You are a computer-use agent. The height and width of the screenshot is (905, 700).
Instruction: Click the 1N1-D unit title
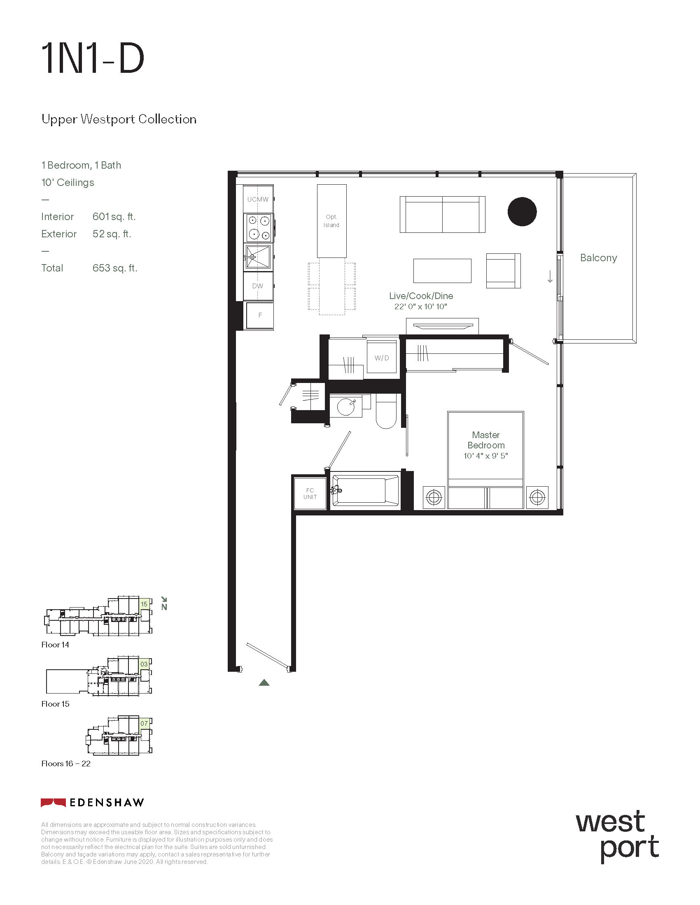93,59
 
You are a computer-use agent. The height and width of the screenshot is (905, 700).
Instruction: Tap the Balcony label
598,258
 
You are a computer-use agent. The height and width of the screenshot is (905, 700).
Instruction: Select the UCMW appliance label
258,200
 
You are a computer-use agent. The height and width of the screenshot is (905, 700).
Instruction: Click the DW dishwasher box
258,286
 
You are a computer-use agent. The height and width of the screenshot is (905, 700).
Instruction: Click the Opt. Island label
331,221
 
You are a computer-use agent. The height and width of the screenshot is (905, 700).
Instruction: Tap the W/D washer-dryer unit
382,357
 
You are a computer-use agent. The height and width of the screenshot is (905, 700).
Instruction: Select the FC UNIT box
310,494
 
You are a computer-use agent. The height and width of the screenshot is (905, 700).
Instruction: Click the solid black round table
522,211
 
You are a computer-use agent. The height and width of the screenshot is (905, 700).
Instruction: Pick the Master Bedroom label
486,440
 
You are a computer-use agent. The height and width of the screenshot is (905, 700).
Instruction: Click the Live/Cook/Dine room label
421,296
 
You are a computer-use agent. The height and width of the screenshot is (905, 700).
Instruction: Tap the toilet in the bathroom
386,411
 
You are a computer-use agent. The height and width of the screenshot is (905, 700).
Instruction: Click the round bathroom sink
346,406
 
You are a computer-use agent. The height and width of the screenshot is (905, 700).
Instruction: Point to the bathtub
365,492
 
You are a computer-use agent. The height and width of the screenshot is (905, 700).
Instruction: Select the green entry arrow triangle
264,682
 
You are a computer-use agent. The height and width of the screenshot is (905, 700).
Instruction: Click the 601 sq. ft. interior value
114,217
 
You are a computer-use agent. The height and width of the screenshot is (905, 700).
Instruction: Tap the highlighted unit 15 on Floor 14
144,604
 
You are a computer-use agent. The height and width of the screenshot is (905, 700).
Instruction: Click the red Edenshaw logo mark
53,803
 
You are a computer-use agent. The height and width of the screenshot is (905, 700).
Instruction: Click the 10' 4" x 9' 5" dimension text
485,456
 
